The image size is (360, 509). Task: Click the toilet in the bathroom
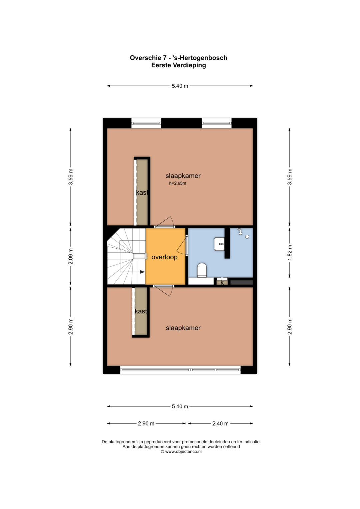[x=202, y=270]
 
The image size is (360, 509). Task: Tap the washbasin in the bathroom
[x=219, y=244]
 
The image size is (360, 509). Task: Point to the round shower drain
[x=247, y=237]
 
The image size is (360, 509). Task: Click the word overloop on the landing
[x=164, y=257]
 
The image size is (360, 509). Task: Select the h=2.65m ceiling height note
[x=177, y=183]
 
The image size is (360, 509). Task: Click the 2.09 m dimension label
[x=71, y=256]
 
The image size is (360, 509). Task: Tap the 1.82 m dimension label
[x=290, y=253]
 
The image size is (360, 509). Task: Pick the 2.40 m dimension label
[x=220, y=423]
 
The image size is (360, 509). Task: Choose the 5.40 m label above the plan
[x=180, y=86]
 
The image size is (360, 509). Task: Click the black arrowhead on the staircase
[x=142, y=272]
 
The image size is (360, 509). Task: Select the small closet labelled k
[x=222, y=282]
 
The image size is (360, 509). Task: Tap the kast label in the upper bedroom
[x=142, y=192]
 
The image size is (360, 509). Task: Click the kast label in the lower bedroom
[x=141, y=311]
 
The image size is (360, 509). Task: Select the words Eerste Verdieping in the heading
[x=179, y=65]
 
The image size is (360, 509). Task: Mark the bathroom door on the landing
[x=182, y=246]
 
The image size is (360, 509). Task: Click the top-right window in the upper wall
[x=217, y=123]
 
